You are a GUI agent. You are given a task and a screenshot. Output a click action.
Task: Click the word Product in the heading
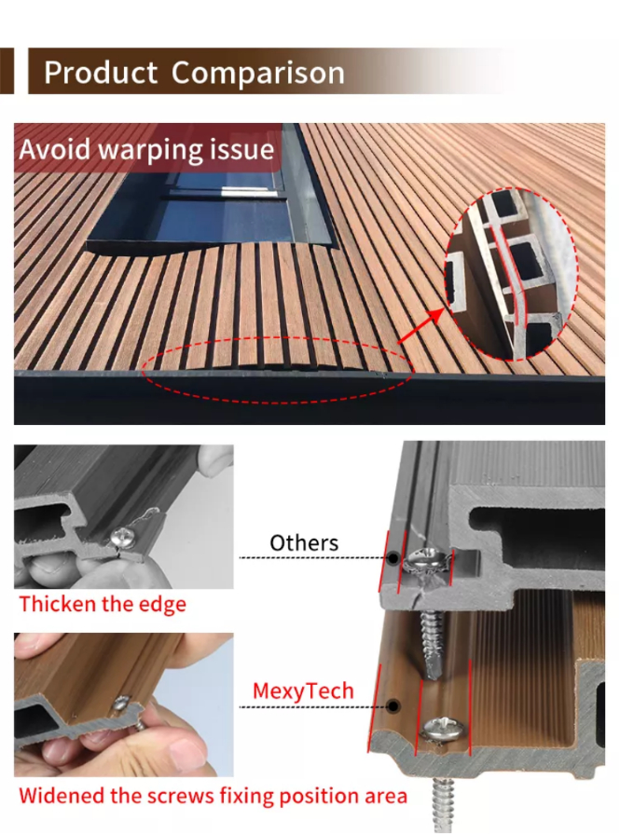(x=101, y=73)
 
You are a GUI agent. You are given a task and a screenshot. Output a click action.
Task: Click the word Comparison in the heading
(x=258, y=74)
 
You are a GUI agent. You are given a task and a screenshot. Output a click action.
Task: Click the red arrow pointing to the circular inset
(x=420, y=325)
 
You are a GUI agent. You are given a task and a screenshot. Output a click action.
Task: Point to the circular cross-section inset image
(x=512, y=274)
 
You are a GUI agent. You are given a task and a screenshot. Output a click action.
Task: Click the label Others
(x=304, y=543)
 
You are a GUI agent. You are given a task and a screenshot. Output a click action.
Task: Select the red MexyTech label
(x=303, y=690)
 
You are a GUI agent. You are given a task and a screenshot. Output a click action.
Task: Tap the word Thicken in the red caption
(x=58, y=604)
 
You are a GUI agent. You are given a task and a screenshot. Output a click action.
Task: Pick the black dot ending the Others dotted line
(x=393, y=558)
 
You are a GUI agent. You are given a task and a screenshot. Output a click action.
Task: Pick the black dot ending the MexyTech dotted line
(x=393, y=706)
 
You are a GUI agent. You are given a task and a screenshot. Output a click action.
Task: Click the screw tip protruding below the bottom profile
(x=443, y=804)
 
